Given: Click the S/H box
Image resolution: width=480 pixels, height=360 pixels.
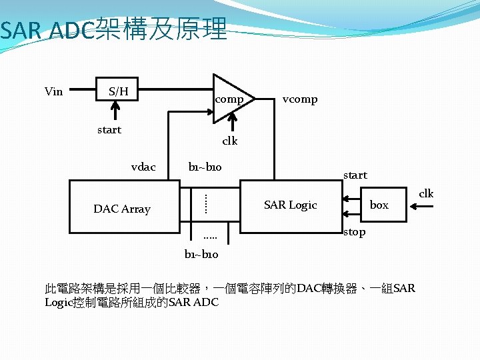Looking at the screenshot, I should (x=118, y=91).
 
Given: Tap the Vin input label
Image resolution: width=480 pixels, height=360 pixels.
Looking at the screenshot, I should (x=53, y=91).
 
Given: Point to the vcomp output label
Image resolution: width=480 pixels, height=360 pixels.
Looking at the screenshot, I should (x=299, y=99).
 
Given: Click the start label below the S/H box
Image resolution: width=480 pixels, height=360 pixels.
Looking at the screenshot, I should (x=109, y=129).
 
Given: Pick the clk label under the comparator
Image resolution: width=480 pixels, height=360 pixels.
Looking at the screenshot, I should (x=229, y=141).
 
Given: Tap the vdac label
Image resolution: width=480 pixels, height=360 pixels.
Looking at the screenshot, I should (x=143, y=167).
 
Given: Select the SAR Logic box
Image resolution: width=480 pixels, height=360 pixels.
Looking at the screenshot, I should (x=291, y=205).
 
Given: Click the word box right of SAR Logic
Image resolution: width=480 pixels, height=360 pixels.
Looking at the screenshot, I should (x=379, y=205).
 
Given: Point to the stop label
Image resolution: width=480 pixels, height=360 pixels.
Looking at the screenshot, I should (x=354, y=232).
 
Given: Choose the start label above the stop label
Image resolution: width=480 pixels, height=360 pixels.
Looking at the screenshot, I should (x=355, y=175).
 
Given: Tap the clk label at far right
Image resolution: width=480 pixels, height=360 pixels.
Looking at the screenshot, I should (x=425, y=193).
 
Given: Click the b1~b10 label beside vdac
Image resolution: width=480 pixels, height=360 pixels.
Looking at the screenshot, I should (x=205, y=167).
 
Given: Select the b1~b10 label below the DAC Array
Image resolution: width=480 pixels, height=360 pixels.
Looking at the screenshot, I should (x=201, y=254).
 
